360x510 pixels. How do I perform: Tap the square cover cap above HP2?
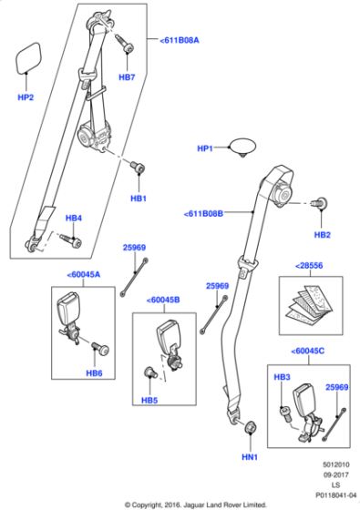coord(28,60)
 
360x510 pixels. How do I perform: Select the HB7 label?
coord(127,77)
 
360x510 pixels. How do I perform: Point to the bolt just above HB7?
coord(124,43)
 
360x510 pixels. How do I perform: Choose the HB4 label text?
coord(73,218)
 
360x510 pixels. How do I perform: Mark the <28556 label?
coord(309,265)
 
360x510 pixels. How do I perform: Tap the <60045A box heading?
coord(84,273)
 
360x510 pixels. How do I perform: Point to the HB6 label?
coord(94,372)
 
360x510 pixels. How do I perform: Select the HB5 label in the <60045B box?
coord(149,400)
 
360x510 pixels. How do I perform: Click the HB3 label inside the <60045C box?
coord(282,376)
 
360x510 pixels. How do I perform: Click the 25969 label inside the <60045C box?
coord(336,386)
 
